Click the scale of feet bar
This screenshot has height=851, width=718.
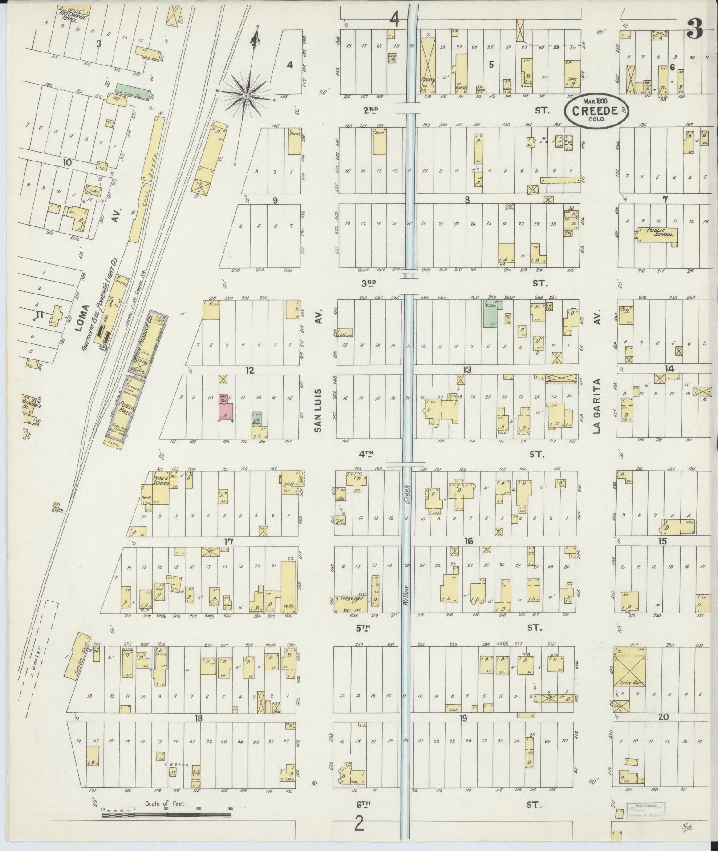[x=166, y=815]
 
